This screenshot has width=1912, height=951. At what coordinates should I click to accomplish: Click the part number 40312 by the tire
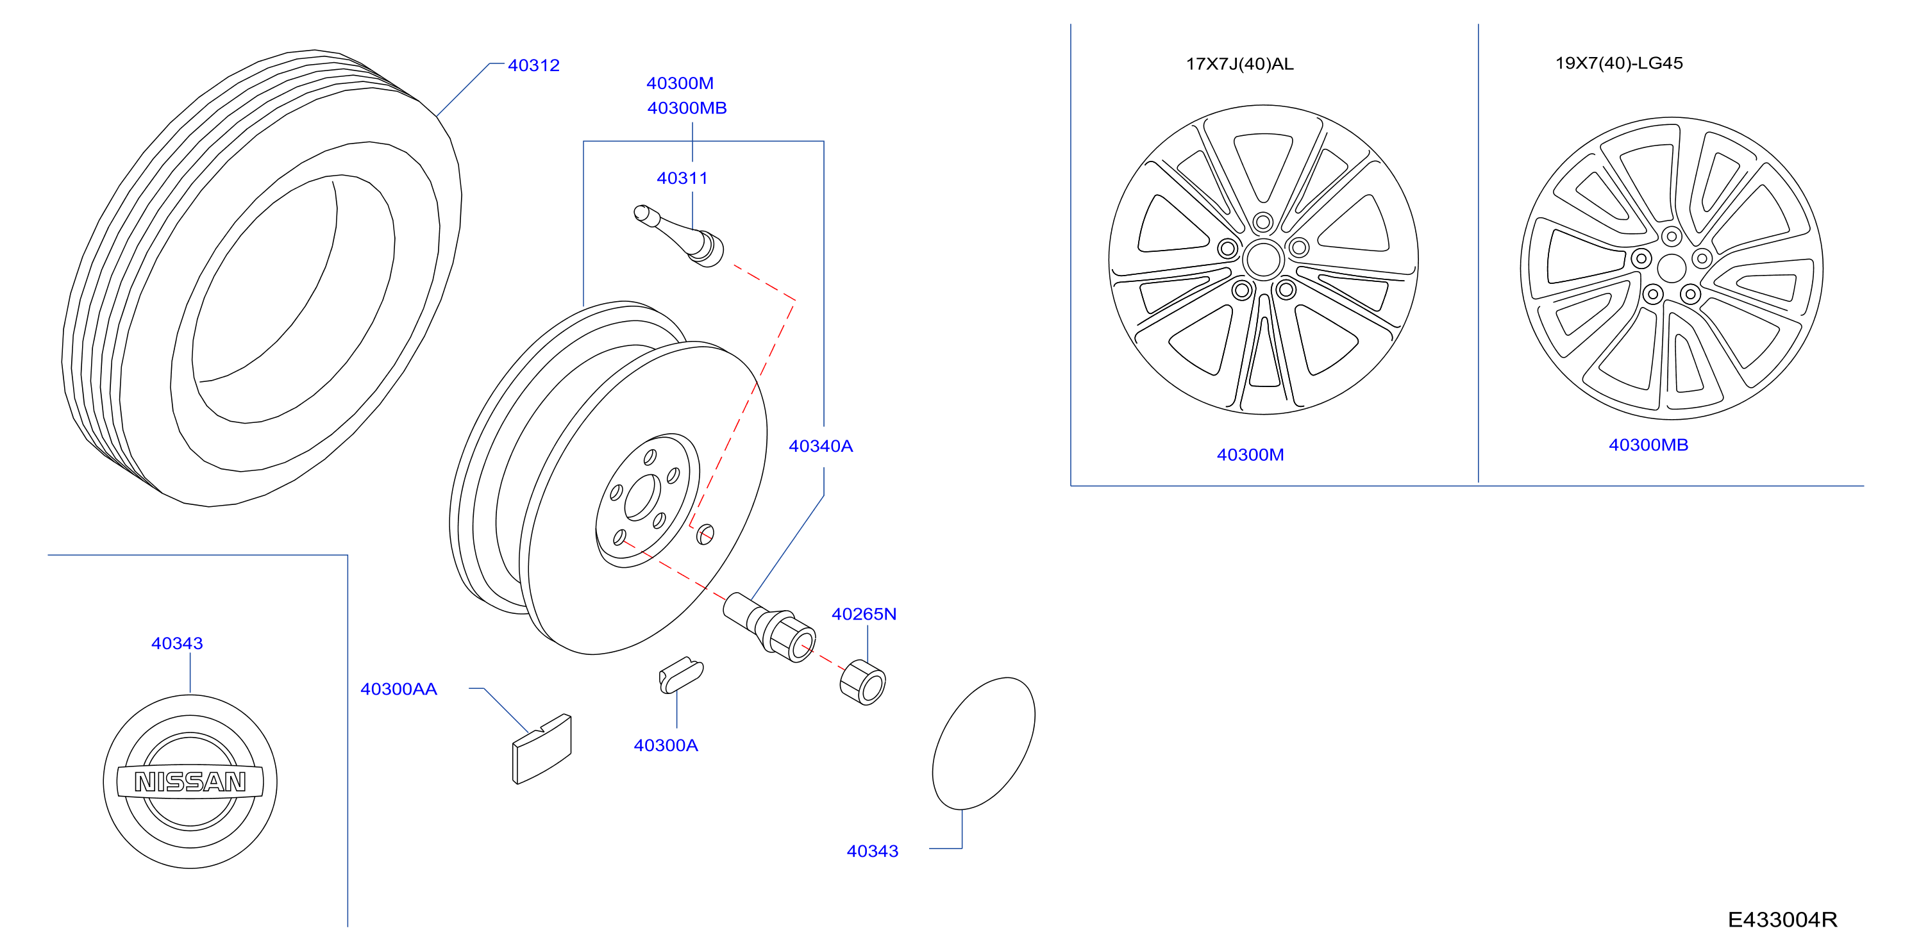pyautogui.click(x=533, y=65)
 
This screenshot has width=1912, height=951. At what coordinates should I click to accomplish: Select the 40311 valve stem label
pyautogui.click(x=682, y=178)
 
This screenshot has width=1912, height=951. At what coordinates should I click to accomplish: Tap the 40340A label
pyautogui.click(x=820, y=446)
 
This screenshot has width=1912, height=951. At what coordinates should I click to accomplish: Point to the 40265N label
pyautogui.click(x=864, y=614)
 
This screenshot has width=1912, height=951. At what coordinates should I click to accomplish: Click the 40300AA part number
pyautogui.click(x=399, y=689)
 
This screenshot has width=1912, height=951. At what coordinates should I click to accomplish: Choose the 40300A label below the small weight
pyautogui.click(x=666, y=745)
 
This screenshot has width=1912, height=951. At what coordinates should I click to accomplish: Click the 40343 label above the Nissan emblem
pyautogui.click(x=177, y=643)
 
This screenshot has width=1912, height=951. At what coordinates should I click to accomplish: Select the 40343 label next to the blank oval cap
pyautogui.click(x=872, y=851)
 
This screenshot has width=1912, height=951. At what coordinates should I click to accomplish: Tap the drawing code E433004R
pyautogui.click(x=1782, y=920)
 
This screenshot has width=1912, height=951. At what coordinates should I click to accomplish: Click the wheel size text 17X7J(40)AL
pyautogui.click(x=1239, y=64)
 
